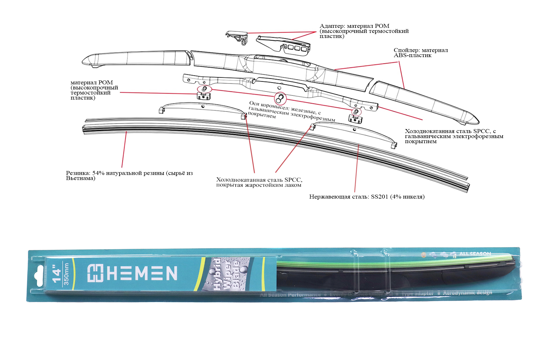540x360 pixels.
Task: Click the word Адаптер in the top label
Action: coord(331,26)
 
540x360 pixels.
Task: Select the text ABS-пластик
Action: coord(412,55)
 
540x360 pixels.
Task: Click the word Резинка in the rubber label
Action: coord(78,173)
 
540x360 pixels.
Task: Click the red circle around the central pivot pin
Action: coord(280,98)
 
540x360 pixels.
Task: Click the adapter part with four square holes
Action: coord(284,44)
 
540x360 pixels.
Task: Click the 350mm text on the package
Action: coord(66,274)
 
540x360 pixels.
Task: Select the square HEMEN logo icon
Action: coord(95,273)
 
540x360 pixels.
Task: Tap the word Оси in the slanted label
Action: coord(254,103)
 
